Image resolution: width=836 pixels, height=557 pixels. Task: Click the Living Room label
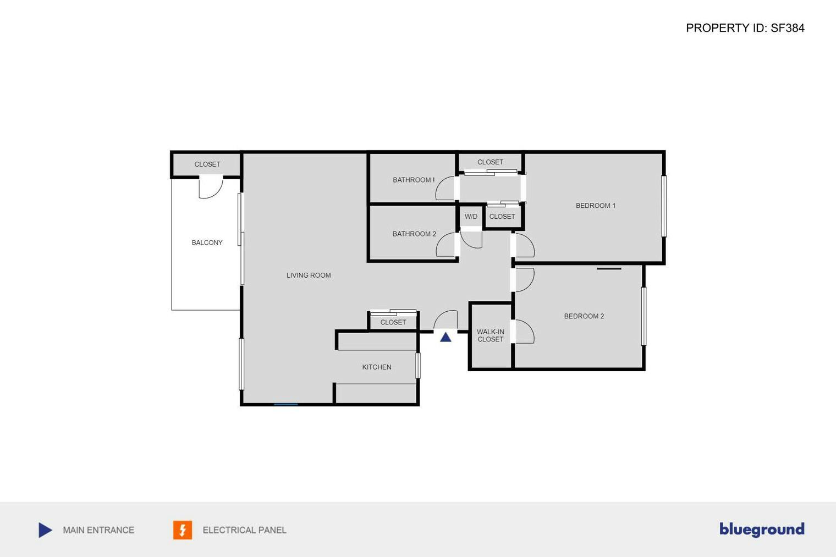(x=309, y=275)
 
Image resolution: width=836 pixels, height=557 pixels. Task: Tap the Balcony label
(x=207, y=242)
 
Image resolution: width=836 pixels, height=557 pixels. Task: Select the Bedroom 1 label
(x=595, y=206)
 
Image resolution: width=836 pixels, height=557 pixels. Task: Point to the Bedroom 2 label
(x=584, y=316)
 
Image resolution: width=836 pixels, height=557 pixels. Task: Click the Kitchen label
(x=376, y=367)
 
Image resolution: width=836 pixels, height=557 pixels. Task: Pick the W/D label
(x=471, y=217)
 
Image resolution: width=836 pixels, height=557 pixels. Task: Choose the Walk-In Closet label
(x=490, y=335)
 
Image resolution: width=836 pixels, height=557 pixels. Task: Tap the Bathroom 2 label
(x=414, y=234)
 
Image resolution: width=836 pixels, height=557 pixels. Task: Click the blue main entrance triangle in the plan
(x=446, y=337)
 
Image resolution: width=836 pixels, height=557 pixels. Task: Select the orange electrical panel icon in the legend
(x=183, y=530)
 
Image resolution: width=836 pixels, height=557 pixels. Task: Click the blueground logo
(x=762, y=530)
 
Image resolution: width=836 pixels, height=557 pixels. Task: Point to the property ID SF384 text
(x=745, y=28)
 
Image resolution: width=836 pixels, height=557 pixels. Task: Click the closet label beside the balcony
(x=207, y=164)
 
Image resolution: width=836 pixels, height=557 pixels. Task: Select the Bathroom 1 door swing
(x=445, y=189)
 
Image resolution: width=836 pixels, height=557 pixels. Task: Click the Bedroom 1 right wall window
(x=664, y=206)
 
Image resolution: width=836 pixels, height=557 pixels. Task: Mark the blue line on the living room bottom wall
(x=286, y=404)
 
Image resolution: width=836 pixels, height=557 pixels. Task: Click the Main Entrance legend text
(x=98, y=530)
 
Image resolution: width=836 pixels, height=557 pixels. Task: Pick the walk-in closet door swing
(x=524, y=332)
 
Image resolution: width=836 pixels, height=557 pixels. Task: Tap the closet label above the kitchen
(x=393, y=322)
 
